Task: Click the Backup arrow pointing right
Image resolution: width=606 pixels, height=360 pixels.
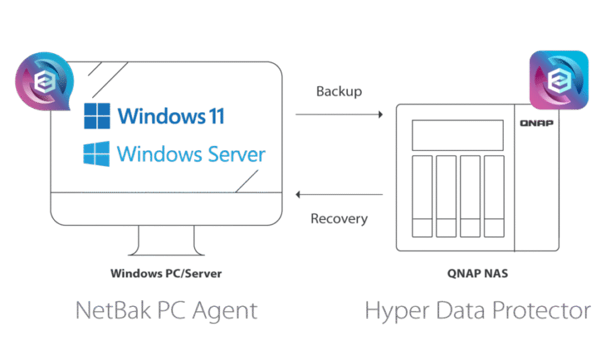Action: click(x=339, y=115)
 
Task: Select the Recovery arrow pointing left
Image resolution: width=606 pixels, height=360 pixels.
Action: click(x=339, y=195)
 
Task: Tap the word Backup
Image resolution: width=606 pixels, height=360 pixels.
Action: click(x=339, y=92)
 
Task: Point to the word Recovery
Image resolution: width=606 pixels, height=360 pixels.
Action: click(x=339, y=219)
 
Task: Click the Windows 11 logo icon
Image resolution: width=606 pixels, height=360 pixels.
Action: click(x=97, y=116)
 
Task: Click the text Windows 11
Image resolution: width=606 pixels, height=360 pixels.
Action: click(x=171, y=116)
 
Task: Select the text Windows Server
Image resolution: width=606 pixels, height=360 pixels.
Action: click(x=191, y=153)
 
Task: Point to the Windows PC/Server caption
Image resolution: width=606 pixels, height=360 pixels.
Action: click(x=166, y=274)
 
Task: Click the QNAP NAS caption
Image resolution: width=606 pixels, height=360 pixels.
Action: click(x=477, y=274)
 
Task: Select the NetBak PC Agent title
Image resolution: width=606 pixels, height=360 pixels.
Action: click(x=166, y=311)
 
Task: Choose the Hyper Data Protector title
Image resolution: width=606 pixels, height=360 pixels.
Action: click(x=477, y=311)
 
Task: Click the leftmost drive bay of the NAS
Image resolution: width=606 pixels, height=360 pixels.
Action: click(x=422, y=196)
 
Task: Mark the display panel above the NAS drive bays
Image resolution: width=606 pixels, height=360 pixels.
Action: click(x=458, y=135)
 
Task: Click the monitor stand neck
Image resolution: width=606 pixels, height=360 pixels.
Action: click(x=166, y=239)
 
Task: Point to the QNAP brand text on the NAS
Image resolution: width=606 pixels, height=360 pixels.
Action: click(x=536, y=123)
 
